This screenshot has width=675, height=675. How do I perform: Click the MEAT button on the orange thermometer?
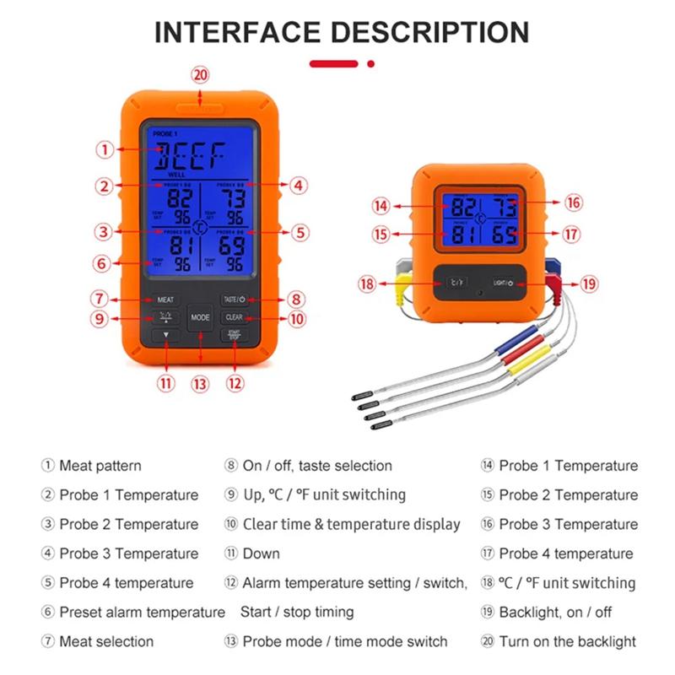(x=165, y=300)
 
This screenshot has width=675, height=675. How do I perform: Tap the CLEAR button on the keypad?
(x=234, y=317)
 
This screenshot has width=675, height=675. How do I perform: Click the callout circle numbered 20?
(x=200, y=74)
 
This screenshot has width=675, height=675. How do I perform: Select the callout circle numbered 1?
(x=104, y=150)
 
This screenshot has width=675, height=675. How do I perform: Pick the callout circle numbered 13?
(x=200, y=383)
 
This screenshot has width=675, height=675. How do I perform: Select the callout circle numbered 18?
(x=366, y=284)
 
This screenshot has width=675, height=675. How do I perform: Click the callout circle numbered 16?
(x=573, y=202)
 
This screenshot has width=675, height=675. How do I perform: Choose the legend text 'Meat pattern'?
(x=100, y=466)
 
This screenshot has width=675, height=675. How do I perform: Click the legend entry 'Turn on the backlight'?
(x=567, y=641)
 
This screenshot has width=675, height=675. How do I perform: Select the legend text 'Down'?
(x=261, y=553)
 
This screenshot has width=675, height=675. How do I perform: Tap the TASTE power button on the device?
(x=234, y=299)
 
